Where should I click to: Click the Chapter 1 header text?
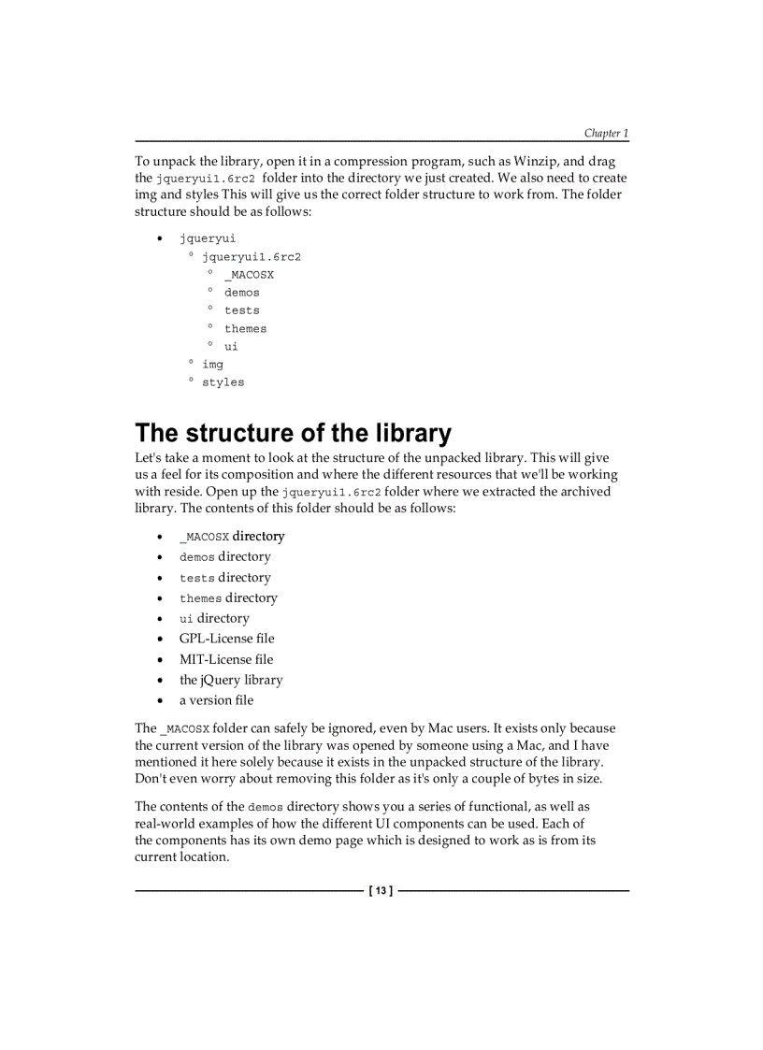(606, 134)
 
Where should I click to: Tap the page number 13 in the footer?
(381, 891)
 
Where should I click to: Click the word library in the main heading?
(412, 434)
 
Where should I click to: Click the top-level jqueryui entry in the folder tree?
(208, 238)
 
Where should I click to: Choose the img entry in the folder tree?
(213, 365)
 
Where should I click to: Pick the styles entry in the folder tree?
(223, 382)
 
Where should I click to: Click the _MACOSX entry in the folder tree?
(249, 275)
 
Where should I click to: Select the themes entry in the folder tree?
(245, 329)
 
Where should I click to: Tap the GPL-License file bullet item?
(226, 639)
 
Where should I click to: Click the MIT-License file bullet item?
(226, 659)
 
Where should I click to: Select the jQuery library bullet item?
(231, 680)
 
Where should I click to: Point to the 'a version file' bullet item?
(216, 700)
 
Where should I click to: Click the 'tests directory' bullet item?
(224, 578)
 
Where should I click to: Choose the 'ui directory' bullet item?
(214, 618)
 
